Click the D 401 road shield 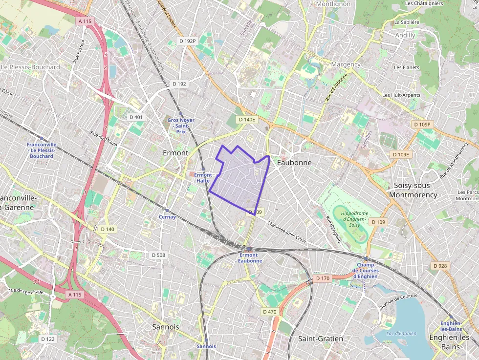click(x=136, y=117)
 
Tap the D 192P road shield click(x=187, y=42)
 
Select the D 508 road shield click(x=158, y=255)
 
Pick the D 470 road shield click(x=270, y=311)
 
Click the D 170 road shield click(x=323, y=278)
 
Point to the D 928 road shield click(x=440, y=266)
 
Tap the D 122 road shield click(x=47, y=339)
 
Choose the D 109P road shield click(x=422, y=125)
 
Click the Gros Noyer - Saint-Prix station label click(x=181, y=126)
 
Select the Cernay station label click(x=167, y=217)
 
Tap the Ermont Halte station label click(x=203, y=178)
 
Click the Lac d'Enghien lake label click(x=401, y=334)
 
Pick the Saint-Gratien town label click(x=321, y=339)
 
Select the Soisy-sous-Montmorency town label click(x=413, y=190)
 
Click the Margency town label click(x=346, y=64)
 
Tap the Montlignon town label click(x=334, y=4)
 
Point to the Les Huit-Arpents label click(x=400, y=95)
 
